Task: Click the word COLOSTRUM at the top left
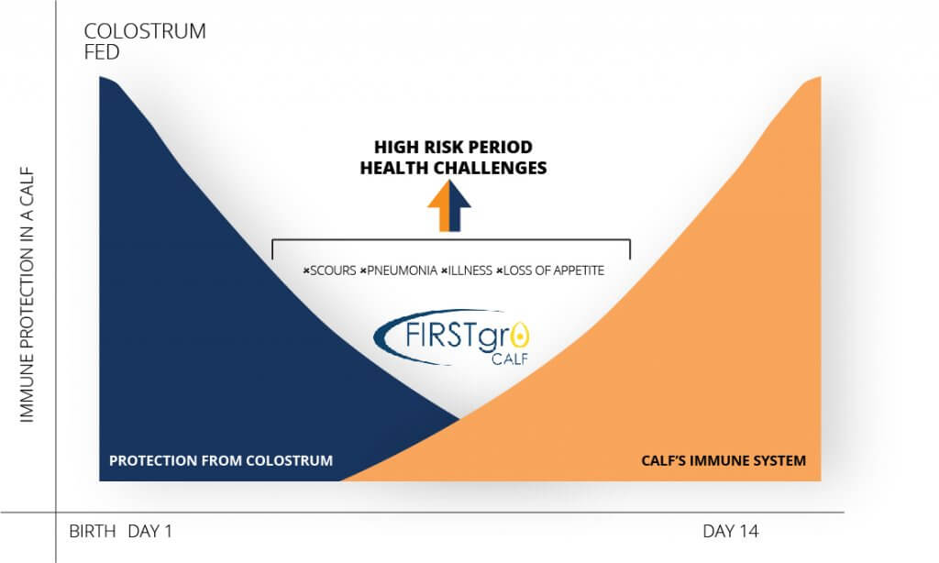(145, 31)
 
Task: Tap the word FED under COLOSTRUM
(102, 52)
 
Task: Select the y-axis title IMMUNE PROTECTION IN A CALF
(27, 294)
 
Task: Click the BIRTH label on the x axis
(93, 531)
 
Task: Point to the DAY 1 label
(149, 531)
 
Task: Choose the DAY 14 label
(731, 531)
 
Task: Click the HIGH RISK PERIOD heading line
(453, 148)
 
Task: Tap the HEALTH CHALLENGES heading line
(453, 169)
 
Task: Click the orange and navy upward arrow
(449, 205)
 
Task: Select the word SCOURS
(333, 270)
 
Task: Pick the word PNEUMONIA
(402, 270)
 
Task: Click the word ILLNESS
(470, 270)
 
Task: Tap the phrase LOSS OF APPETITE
(553, 270)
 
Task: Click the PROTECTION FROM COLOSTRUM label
(221, 460)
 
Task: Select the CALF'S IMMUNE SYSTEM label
(724, 460)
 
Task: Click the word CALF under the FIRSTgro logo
(510, 359)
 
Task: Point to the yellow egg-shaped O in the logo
(521, 336)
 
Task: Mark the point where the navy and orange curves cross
(459, 418)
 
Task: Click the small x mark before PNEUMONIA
(363, 271)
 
